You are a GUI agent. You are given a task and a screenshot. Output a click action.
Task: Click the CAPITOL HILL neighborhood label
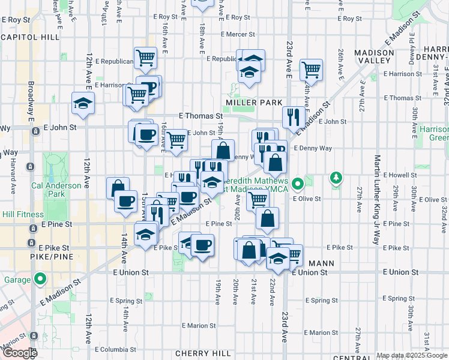(30, 37)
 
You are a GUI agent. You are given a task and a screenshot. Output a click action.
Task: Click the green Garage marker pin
(40, 278)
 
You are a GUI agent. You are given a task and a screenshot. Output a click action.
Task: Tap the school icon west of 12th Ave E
(83, 103)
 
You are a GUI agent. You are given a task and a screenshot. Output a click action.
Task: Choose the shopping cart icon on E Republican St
(145, 58)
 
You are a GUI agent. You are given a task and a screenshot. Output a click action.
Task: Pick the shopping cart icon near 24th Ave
(311, 69)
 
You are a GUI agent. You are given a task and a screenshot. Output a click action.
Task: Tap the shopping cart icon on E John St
(176, 140)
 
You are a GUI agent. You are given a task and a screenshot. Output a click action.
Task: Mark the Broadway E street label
(31, 103)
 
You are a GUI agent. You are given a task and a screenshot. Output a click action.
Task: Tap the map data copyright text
(411, 355)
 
